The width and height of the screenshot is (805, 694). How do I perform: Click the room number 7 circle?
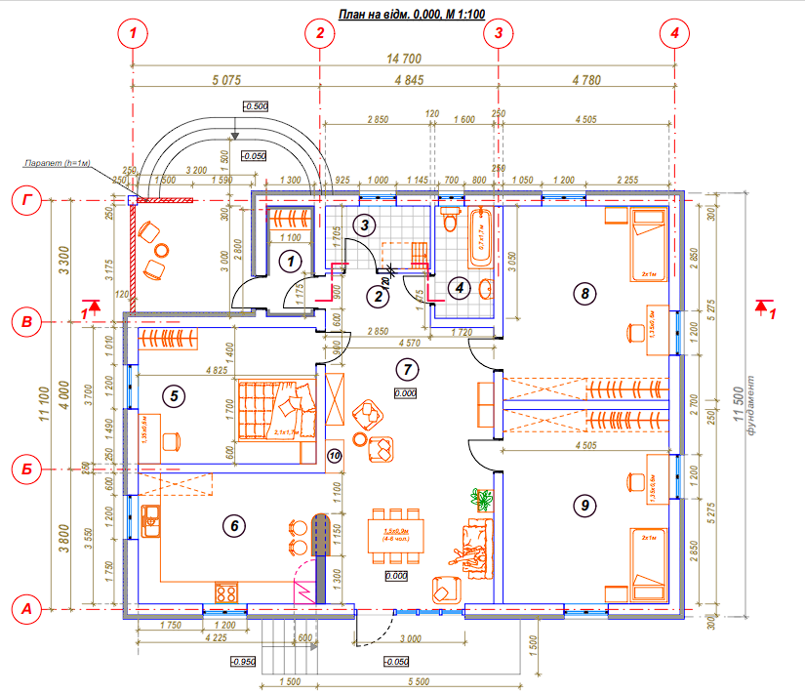point(407,368)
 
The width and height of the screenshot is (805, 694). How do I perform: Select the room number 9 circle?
point(584,505)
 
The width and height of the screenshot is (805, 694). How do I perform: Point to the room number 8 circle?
point(584,292)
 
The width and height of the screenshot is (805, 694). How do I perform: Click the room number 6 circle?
point(231,525)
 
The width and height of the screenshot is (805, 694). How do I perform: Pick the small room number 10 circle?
point(334,455)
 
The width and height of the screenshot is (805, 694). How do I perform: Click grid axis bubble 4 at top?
point(672,33)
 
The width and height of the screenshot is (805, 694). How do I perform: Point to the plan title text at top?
point(411,14)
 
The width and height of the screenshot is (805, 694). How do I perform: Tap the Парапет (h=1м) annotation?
point(59,163)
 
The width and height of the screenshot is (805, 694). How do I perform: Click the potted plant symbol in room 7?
point(482,500)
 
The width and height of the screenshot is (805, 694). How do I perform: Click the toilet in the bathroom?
point(450,221)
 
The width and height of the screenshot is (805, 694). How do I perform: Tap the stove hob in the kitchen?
point(225,592)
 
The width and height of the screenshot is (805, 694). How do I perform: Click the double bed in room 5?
point(276,410)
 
